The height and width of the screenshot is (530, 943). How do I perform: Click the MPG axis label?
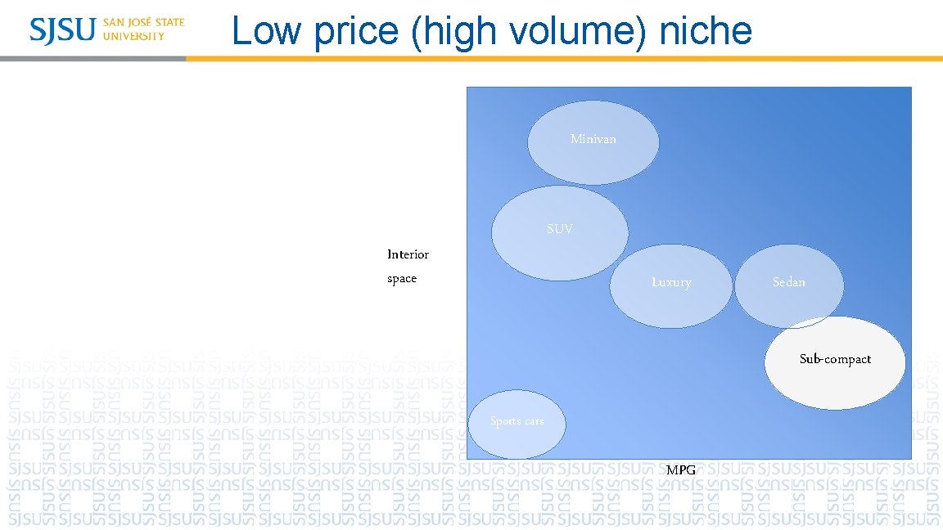pyautogui.click(x=681, y=469)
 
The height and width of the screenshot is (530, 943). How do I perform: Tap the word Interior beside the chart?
pyautogui.click(x=408, y=254)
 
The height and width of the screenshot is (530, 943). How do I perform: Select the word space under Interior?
pyautogui.click(x=402, y=279)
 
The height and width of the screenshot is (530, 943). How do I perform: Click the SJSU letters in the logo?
pyautogui.click(x=63, y=29)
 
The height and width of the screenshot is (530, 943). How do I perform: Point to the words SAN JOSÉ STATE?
pyautogui.click(x=144, y=22)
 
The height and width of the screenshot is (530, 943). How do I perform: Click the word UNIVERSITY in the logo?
pyautogui.click(x=133, y=36)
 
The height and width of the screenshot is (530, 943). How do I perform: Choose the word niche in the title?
pyautogui.click(x=705, y=31)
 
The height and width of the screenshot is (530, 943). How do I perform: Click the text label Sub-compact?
pyautogui.click(x=835, y=359)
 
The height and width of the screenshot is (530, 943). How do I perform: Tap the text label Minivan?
pyautogui.click(x=593, y=139)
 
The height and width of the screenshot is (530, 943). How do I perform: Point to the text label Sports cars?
pyautogui.click(x=517, y=421)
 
